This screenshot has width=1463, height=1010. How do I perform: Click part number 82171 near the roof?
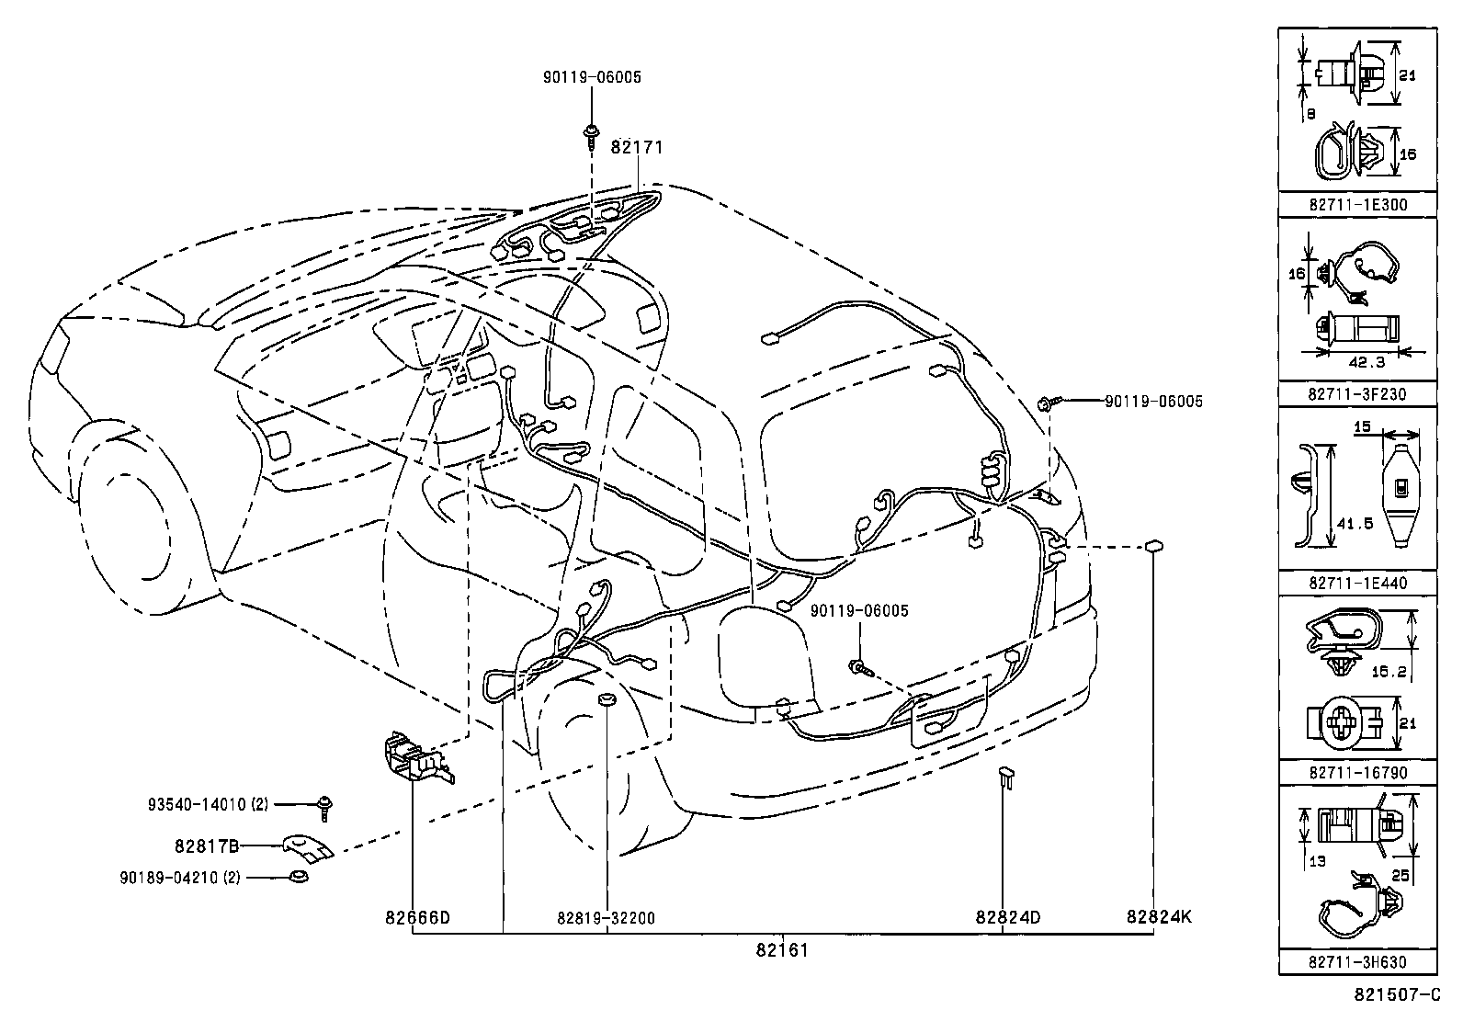pyautogui.click(x=637, y=147)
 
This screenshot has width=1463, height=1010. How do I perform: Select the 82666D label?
pyautogui.click(x=417, y=917)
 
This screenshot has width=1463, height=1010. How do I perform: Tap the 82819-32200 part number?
pyautogui.click(x=607, y=917)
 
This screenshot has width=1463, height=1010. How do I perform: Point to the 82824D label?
pyautogui.click(x=1008, y=917)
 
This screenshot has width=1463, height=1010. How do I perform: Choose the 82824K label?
pyautogui.click(x=1160, y=916)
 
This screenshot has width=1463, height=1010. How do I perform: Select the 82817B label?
pyautogui.click(x=207, y=845)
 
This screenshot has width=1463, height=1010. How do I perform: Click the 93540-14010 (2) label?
pyautogui.click(x=208, y=804)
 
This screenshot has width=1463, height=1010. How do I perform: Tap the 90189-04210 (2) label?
pyautogui.click(x=180, y=878)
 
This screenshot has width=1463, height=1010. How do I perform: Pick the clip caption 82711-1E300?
pyautogui.click(x=1357, y=205)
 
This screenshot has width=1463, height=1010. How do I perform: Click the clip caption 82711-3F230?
pyautogui.click(x=1357, y=393)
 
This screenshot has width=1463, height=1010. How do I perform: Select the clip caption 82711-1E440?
pyautogui.click(x=1357, y=583)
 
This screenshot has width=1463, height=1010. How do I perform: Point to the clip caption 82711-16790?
pyautogui.click(x=1357, y=773)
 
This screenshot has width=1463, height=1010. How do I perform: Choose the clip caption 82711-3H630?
pyautogui.click(x=1357, y=962)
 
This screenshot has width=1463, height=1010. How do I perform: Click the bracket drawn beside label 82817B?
pyautogui.click(x=307, y=848)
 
